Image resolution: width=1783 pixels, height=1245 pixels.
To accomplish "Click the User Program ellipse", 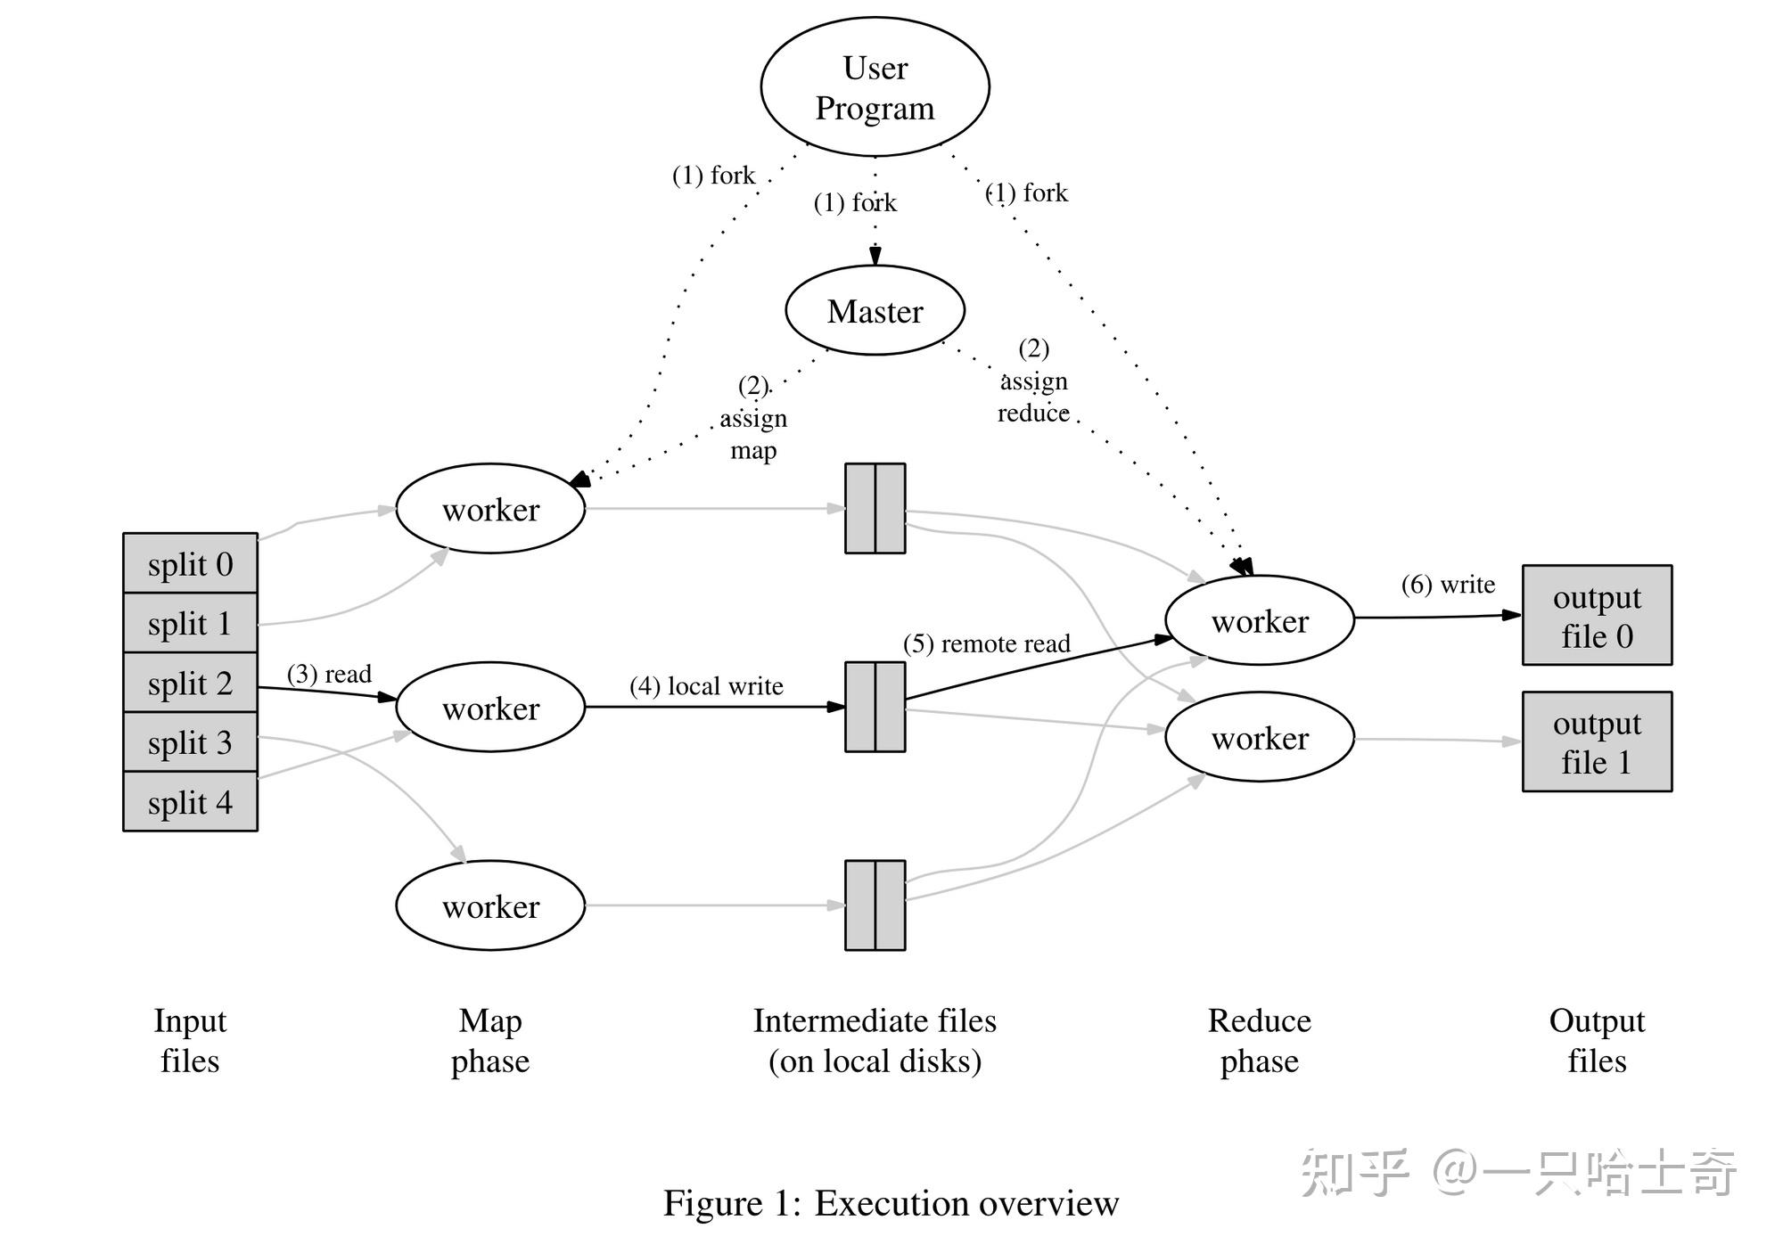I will pyautogui.click(x=875, y=86).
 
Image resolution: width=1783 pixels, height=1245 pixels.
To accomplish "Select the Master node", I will pyautogui.click(x=875, y=311).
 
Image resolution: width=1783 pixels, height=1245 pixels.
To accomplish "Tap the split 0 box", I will pyautogui.click(x=190, y=564).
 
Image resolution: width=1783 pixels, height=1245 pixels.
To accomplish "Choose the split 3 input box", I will pyautogui.click(x=190, y=742).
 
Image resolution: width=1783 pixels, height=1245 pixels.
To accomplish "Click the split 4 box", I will pyautogui.click(x=190, y=802).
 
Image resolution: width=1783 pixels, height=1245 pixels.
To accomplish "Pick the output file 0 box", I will pyautogui.click(x=1597, y=615).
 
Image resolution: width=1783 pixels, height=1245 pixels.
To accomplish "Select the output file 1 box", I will pyautogui.click(x=1597, y=741).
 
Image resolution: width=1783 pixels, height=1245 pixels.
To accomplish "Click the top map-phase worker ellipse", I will pyautogui.click(x=490, y=509).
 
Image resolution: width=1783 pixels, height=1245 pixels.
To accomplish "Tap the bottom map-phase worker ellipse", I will pyautogui.click(x=490, y=905).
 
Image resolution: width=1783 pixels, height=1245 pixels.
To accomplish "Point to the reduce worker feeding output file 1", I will pyautogui.click(x=1259, y=738).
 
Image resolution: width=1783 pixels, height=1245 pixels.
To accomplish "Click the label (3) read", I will pyautogui.click(x=329, y=674).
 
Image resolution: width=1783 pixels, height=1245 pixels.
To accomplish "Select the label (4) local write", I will pyautogui.click(x=706, y=686).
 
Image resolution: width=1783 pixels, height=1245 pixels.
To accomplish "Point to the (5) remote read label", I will pyautogui.click(x=986, y=643).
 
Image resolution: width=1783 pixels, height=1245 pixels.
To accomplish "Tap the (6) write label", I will pyautogui.click(x=1448, y=585).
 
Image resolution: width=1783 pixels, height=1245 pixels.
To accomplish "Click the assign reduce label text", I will pyautogui.click(x=1033, y=397).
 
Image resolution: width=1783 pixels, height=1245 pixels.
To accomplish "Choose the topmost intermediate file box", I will pyautogui.click(x=875, y=509).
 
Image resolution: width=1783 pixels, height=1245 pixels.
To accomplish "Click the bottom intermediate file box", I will pyautogui.click(x=875, y=905).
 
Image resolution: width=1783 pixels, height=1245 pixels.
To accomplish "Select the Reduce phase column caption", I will pyautogui.click(x=1259, y=1040).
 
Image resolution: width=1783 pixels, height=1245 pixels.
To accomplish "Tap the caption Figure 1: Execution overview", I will pyautogui.click(x=891, y=1203).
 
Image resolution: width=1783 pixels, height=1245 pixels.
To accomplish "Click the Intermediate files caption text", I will pyautogui.click(x=875, y=1040).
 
